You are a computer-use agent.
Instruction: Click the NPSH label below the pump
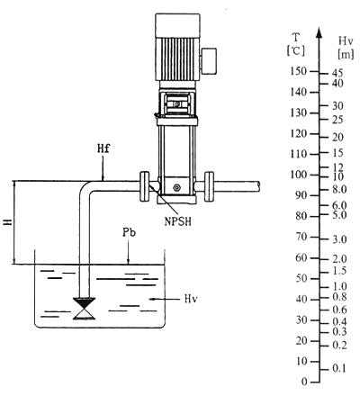[x=177, y=221]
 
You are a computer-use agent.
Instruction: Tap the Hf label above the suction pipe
[x=103, y=148]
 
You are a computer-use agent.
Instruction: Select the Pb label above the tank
[x=129, y=232]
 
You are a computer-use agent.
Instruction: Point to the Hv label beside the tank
[x=191, y=299]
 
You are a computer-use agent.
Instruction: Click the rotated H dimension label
[x=8, y=222]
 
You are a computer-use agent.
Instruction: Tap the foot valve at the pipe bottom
[x=85, y=309]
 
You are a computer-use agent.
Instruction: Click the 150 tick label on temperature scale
[x=299, y=71]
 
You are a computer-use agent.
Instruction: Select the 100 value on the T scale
[x=299, y=175]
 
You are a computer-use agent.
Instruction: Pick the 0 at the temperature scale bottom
[x=304, y=382]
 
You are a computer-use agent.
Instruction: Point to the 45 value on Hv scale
[x=337, y=73]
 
